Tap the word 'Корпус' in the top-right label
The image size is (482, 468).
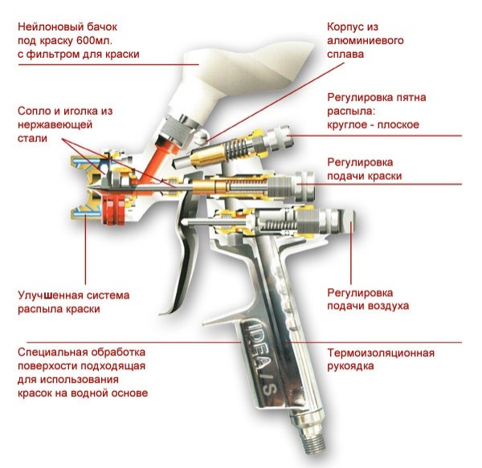344,25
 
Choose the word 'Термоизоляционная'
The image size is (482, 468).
381,352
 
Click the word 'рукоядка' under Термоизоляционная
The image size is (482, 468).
353,367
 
